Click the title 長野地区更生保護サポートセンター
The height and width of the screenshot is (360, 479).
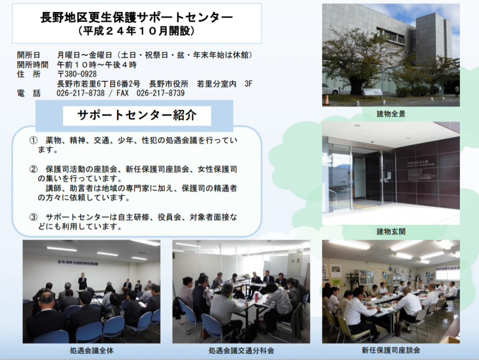click(x=136, y=17)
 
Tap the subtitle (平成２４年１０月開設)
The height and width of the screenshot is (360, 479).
click(x=136, y=31)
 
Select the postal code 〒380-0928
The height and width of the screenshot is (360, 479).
click(x=77, y=74)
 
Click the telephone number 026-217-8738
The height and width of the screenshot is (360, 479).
click(x=80, y=93)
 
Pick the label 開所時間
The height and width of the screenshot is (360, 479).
click(x=33, y=65)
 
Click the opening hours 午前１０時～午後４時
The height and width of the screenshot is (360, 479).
click(x=97, y=65)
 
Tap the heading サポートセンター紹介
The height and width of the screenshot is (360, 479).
click(x=137, y=115)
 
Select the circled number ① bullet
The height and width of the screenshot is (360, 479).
click(x=33, y=140)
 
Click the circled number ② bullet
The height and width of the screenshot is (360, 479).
click(x=33, y=169)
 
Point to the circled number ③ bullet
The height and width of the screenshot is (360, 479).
click(x=33, y=217)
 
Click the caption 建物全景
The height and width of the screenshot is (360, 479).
click(x=391, y=114)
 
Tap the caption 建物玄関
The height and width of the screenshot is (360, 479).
click(x=391, y=232)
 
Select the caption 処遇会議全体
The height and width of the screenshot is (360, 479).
click(x=91, y=350)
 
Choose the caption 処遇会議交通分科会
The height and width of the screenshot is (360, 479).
click(x=241, y=350)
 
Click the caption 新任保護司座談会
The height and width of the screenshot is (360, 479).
click(x=391, y=350)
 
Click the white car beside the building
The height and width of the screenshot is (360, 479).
click(x=330, y=89)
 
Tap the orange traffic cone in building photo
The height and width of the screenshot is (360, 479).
click(x=327, y=100)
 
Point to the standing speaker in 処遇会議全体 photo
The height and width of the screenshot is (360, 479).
click(x=82, y=281)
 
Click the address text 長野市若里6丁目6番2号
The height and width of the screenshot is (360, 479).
click(x=99, y=84)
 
